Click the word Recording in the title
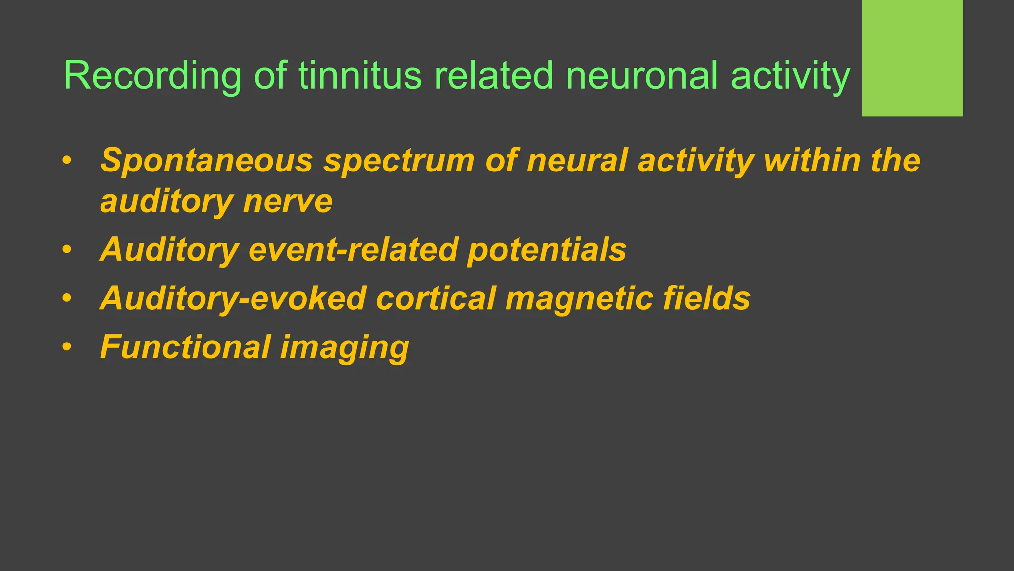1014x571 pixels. click(x=152, y=76)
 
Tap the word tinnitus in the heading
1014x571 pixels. click(x=360, y=76)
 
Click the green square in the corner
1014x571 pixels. click(x=912, y=58)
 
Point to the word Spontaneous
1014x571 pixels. click(x=206, y=161)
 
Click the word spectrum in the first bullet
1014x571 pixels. click(x=399, y=161)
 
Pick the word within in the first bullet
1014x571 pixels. click(x=812, y=161)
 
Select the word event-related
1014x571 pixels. click(x=353, y=249)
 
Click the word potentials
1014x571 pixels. click(x=547, y=249)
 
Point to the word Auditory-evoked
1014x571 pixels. click(x=233, y=298)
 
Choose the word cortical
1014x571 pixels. click(x=436, y=298)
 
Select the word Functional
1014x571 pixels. click(x=185, y=347)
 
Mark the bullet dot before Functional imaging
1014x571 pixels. click(x=67, y=347)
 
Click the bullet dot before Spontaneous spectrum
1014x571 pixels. click(x=67, y=161)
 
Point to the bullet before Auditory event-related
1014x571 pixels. click(x=67, y=249)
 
